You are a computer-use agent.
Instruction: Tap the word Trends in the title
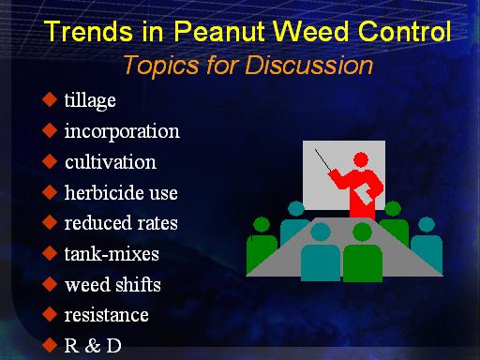coord(88,31)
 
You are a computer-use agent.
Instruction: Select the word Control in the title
coord(405,31)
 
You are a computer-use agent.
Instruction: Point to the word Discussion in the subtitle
coord(309,66)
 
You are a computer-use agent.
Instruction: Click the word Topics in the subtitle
coord(161,66)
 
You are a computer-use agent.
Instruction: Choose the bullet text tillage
coord(90,100)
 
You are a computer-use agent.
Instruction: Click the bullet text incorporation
coord(122,131)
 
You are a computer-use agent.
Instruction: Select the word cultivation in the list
coord(111,162)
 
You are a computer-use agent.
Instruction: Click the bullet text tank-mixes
coord(112,254)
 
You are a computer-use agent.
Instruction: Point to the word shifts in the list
coord(138,284)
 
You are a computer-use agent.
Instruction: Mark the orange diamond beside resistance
coord(50,314)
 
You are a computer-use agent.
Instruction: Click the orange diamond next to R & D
coord(50,345)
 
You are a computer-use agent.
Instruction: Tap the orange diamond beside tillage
coord(50,99)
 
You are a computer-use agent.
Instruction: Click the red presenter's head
coord(361,159)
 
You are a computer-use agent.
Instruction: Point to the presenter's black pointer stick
coord(322,160)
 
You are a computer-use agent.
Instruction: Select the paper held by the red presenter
coord(365,194)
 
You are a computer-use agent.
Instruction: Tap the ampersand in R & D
coord(93,346)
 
